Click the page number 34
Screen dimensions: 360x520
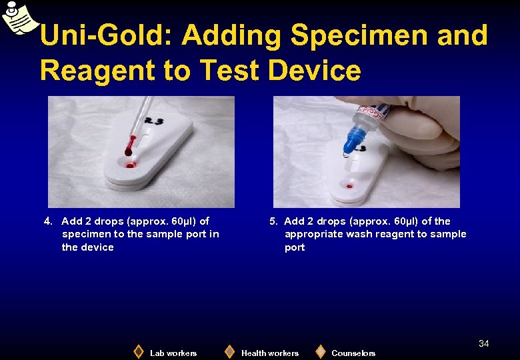(x=484, y=343)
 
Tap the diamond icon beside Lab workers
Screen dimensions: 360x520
(x=139, y=351)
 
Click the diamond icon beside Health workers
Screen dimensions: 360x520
(x=229, y=351)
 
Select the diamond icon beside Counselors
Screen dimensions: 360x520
(x=321, y=351)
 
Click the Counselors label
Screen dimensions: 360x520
(x=353, y=353)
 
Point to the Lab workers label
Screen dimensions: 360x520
(x=173, y=353)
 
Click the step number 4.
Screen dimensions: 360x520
(x=47, y=221)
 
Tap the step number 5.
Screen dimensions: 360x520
(x=274, y=221)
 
